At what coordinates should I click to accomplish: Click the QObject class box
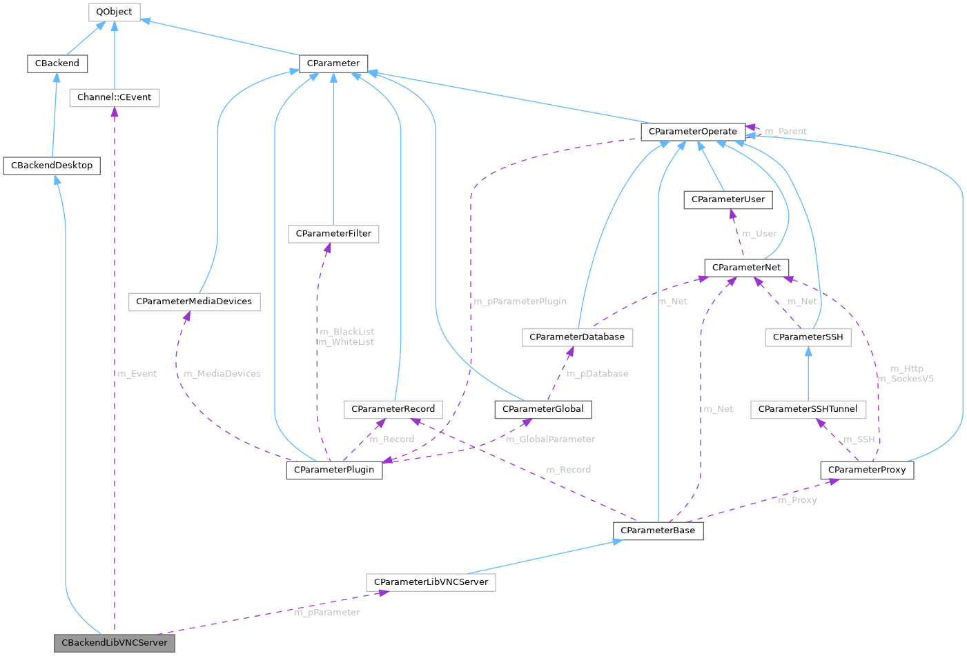pos(114,12)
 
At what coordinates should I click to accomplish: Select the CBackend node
pos(57,63)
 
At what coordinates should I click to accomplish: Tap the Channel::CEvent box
pos(114,97)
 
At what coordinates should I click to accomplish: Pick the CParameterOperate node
pos(692,131)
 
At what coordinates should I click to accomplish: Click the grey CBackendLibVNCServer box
pos(114,642)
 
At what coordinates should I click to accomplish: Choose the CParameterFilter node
pos(333,234)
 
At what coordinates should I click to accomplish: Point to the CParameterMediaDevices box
pos(194,301)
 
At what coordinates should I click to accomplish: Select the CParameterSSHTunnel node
pos(808,409)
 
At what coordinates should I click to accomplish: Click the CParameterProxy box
pos(866,470)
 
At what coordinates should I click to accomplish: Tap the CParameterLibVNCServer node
pos(431,582)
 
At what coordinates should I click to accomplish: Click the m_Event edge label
pos(137,374)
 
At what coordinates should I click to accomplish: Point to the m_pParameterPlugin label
pos(520,301)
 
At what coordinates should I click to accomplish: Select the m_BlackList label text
pos(347,332)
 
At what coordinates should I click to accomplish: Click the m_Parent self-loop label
pos(785,131)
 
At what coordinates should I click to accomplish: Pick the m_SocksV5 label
pos(905,379)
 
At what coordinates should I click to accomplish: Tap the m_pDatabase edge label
pos(597,374)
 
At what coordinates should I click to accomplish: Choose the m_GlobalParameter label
pos(550,439)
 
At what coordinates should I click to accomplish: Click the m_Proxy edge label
pos(797,500)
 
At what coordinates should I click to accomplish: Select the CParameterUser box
pos(727,199)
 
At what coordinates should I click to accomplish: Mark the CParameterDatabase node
pos(577,337)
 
